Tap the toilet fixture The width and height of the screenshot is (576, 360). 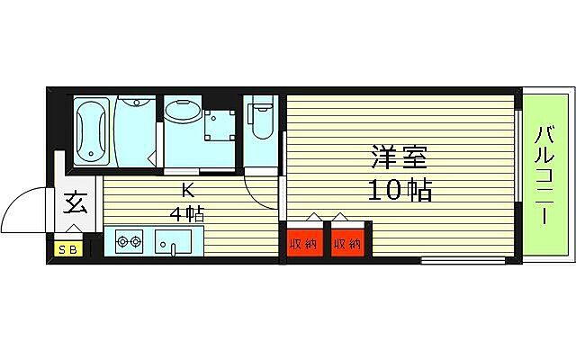point(261,122)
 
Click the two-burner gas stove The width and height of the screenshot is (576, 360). point(130,241)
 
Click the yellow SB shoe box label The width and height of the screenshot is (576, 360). point(67,249)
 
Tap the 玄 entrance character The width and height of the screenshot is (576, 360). point(75,204)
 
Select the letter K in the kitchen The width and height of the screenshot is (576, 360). point(188,190)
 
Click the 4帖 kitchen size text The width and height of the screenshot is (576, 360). point(188,214)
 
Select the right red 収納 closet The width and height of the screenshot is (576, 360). point(346,243)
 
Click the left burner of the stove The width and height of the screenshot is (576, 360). point(122,241)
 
